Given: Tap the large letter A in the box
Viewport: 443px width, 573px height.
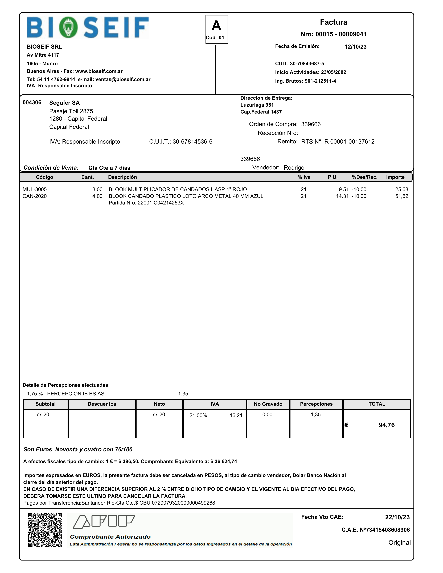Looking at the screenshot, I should (216, 26).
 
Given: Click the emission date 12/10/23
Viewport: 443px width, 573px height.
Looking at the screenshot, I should (356, 47).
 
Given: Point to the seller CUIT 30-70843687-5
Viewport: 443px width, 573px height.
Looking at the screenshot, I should (307, 64).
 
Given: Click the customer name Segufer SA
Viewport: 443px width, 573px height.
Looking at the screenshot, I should (64, 103).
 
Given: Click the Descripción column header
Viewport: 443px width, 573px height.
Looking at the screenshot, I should (122, 177).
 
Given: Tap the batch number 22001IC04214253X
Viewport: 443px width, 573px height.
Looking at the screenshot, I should (161, 203).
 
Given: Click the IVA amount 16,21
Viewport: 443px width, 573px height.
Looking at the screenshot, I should (236, 415).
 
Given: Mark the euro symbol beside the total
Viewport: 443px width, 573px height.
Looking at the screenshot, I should (346, 425).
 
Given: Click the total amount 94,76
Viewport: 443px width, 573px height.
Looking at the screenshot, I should (387, 425).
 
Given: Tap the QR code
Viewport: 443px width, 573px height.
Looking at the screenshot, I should (45, 530).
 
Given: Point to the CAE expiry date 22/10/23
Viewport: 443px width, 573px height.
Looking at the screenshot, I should (397, 517).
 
